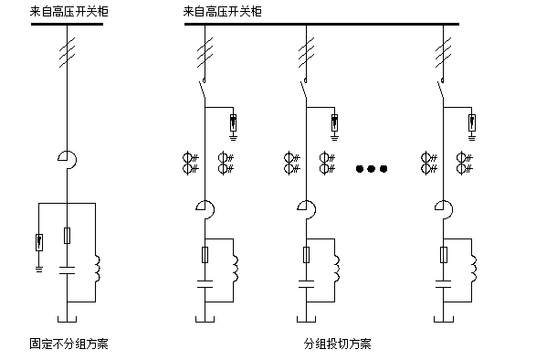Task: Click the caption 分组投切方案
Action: tap(338, 344)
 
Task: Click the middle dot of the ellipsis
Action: tap(373, 168)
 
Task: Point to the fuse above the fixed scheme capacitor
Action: tap(68, 237)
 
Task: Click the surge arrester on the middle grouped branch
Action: tap(335, 122)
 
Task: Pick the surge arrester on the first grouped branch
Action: tap(235, 122)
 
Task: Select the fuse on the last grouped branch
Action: tap(444, 255)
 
